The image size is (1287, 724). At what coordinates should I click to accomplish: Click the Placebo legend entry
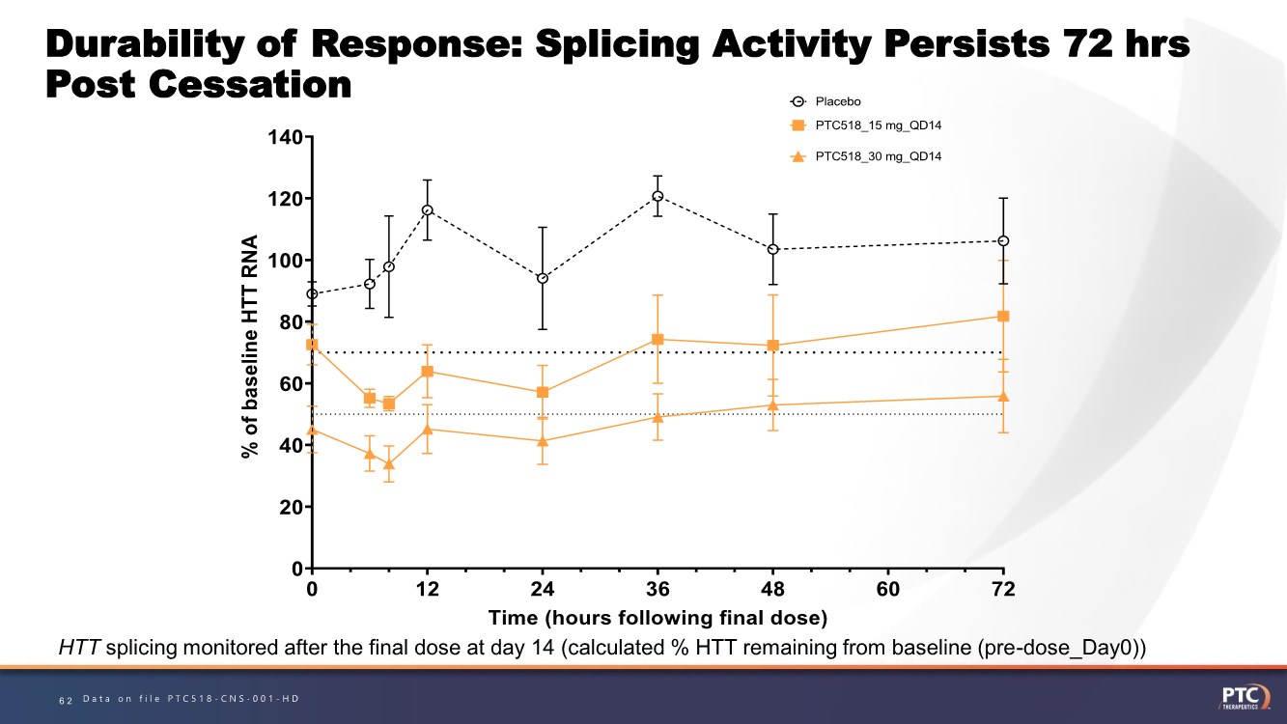click(836, 101)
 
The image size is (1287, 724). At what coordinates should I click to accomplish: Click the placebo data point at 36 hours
click(657, 196)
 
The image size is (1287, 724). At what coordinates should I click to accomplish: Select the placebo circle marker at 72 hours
click(1003, 240)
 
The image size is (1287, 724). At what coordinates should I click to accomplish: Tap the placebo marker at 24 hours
click(543, 278)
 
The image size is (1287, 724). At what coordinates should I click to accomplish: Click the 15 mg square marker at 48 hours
click(773, 346)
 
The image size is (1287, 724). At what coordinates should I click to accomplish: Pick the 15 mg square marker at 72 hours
click(1003, 316)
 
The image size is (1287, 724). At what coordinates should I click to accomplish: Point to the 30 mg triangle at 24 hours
click(543, 440)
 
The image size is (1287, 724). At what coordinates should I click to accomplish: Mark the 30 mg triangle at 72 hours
click(1003, 396)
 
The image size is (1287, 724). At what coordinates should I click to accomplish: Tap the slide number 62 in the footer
click(66, 699)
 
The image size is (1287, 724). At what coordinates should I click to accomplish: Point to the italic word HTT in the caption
click(79, 648)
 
